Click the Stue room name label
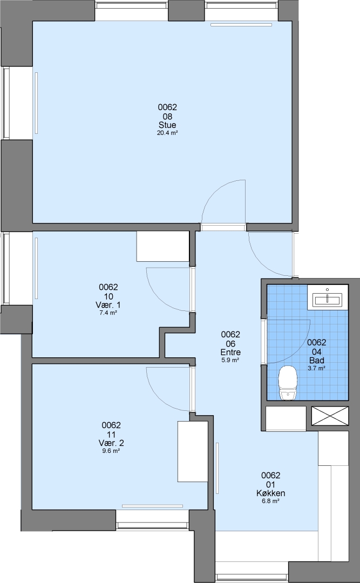click(x=167, y=125)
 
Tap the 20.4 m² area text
click(x=167, y=133)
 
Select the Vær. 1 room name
click(x=108, y=305)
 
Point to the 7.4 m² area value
click(x=108, y=313)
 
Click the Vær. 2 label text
click(x=111, y=443)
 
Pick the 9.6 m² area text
click(x=111, y=451)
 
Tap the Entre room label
click(x=230, y=352)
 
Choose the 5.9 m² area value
click(x=230, y=360)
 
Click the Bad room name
click(x=317, y=360)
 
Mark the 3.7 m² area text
click(x=317, y=368)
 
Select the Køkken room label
click(x=271, y=493)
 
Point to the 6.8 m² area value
click(x=271, y=501)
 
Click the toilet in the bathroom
click(x=288, y=383)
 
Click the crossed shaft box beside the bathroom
click(x=330, y=415)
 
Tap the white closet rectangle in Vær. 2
click(x=193, y=451)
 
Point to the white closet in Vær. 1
click(x=163, y=246)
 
